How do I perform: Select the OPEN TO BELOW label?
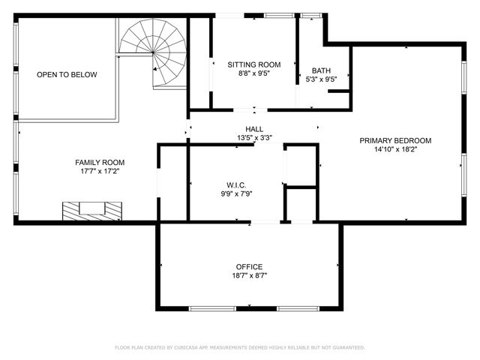click(x=67, y=75)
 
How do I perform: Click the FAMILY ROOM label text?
click(x=99, y=162)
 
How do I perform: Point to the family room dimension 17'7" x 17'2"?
click(x=99, y=171)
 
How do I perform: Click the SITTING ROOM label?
click(x=253, y=65)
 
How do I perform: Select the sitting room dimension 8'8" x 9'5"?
click(x=253, y=74)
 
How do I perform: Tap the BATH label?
click(x=321, y=70)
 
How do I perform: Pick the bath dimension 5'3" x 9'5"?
click(x=321, y=79)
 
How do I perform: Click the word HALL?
click(x=253, y=129)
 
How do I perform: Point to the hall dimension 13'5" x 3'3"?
click(x=253, y=138)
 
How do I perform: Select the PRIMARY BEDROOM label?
click(x=395, y=140)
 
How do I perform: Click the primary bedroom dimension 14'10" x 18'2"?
click(x=395, y=149)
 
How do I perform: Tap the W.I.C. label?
click(x=236, y=185)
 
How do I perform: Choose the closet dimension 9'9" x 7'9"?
click(x=236, y=194)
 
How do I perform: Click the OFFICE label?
click(x=249, y=266)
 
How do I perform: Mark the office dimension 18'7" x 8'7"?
click(x=249, y=275)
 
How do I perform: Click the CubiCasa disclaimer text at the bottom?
click(x=240, y=347)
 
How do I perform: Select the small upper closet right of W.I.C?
click(x=301, y=165)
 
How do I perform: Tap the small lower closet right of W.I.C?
click(x=301, y=204)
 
